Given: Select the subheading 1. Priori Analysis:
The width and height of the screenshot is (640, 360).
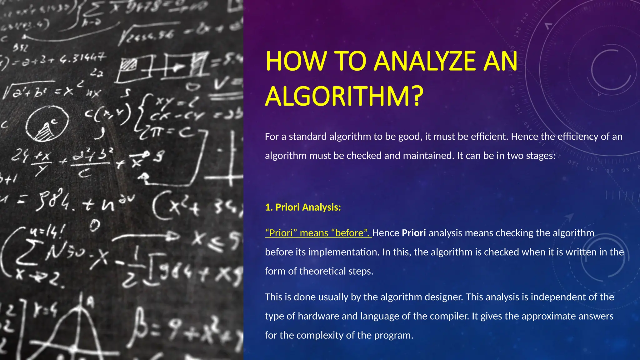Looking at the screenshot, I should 303,207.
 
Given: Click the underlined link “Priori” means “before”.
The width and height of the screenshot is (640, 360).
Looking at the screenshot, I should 318,233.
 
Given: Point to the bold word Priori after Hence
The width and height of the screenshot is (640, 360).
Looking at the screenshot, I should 414,233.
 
